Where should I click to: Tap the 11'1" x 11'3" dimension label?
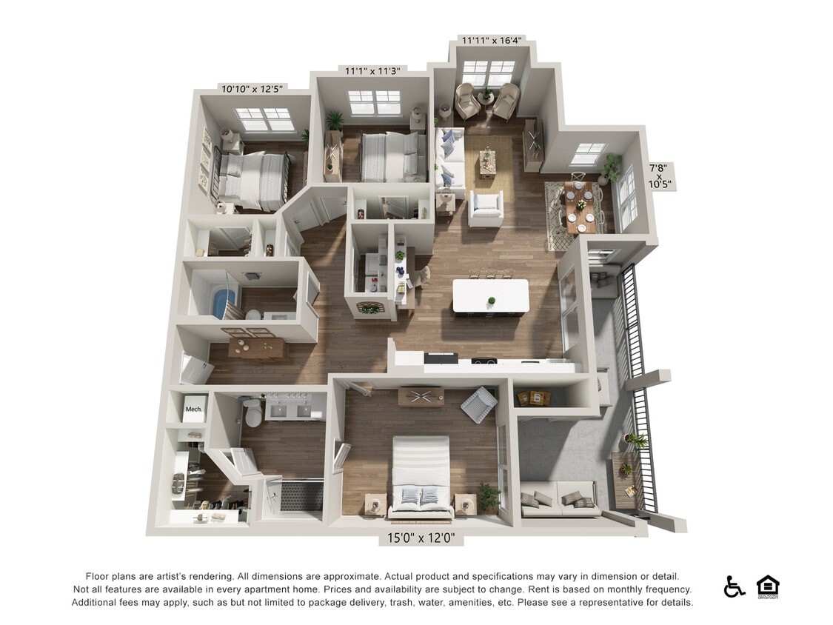[372, 71]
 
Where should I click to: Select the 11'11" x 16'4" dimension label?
[490, 40]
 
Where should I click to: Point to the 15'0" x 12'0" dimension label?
[421, 538]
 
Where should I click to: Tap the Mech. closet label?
[194, 409]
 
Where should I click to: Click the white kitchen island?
[490, 295]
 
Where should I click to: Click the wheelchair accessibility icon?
[734, 587]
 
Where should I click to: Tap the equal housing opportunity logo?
[768, 586]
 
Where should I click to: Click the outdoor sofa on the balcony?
[558, 500]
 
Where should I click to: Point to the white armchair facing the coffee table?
[486, 208]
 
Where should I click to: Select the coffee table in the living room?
[487, 164]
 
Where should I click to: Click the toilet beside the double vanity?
[253, 413]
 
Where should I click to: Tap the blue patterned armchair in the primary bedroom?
[478, 404]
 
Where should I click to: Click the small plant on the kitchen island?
[491, 301]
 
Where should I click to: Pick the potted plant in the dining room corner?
[612, 169]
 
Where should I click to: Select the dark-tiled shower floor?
[301, 495]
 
